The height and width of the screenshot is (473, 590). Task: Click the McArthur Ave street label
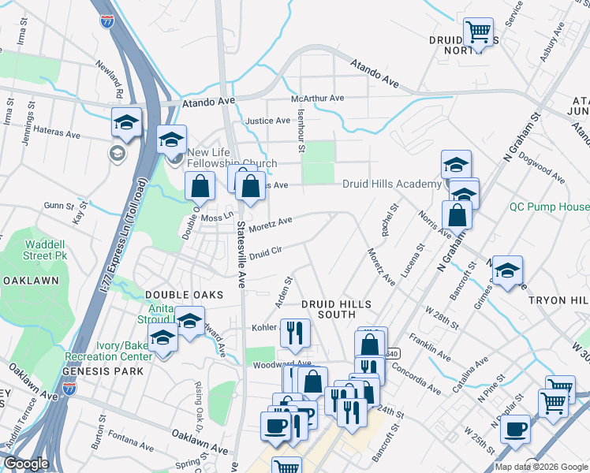[318, 99]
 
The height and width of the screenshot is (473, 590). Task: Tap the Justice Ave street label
[268, 121]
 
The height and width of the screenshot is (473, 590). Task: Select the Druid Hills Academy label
[391, 184]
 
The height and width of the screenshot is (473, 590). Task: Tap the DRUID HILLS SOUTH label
[332, 310]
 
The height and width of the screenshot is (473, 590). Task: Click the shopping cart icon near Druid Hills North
[478, 32]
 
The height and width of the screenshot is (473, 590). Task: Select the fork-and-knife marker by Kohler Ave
[295, 333]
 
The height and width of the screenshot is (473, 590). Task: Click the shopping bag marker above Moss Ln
[200, 186]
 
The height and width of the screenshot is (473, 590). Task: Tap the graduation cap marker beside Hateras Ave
[126, 122]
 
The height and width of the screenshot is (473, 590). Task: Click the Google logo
[26, 464]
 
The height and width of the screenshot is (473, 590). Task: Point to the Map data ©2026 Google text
[541, 467]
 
